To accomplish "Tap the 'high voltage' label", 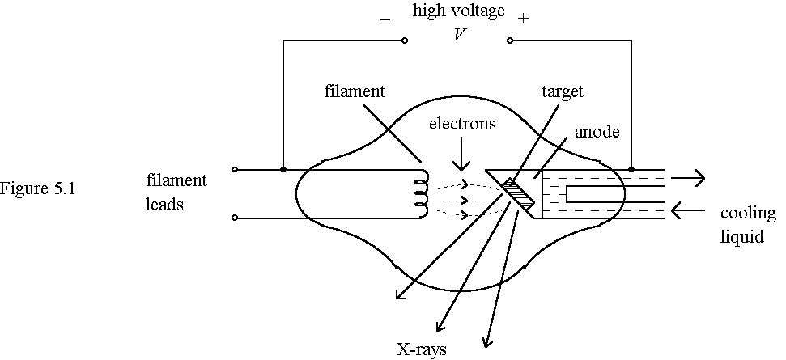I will (458, 11).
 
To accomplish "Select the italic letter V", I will (459, 35).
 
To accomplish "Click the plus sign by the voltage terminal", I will (523, 19).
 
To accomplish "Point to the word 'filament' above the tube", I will (354, 91).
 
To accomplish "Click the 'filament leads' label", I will (176, 192).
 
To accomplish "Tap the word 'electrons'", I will (462, 124).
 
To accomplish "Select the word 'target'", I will (562, 91).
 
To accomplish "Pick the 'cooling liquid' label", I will (741, 227).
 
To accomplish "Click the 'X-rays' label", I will (421, 349).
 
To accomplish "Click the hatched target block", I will (515, 192).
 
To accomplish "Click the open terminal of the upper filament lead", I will (235, 170).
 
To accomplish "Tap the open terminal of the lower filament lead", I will (235, 217).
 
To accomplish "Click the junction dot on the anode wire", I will (631, 170).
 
